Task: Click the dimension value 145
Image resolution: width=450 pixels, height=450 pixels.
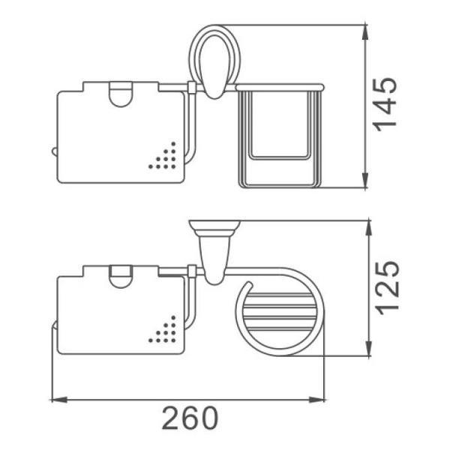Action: click(x=385, y=104)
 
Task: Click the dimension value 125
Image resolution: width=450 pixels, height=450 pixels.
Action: click(x=388, y=287)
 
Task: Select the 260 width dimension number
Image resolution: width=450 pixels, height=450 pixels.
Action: click(x=190, y=418)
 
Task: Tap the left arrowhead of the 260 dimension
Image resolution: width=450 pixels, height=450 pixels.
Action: click(x=59, y=400)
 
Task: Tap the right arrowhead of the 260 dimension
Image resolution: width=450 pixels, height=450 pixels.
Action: click(x=316, y=400)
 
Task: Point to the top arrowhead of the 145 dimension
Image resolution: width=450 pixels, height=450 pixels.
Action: click(x=365, y=33)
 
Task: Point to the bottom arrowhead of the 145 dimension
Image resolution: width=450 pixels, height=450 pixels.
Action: click(x=365, y=180)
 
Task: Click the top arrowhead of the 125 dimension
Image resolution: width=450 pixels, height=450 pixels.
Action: click(x=369, y=229)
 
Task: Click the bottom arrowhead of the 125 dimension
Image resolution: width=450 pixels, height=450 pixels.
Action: click(x=369, y=349)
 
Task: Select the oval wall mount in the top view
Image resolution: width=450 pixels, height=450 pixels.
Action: click(x=214, y=61)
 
